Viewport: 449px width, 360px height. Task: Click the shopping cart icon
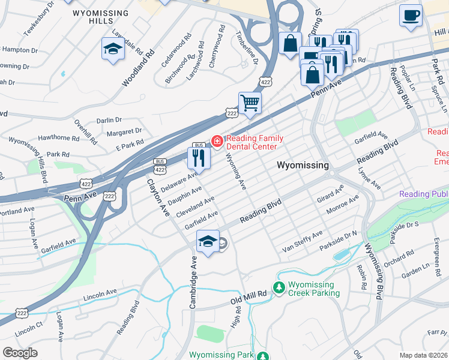[250, 102]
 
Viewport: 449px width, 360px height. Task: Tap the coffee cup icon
[411, 15]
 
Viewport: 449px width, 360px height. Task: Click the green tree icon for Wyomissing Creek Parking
[279, 289]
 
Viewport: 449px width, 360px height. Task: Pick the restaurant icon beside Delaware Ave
[198, 158]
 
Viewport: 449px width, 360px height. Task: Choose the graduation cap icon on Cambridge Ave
[208, 242]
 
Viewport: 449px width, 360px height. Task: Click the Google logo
[20, 353]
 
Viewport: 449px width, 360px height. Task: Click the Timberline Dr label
[247, 48]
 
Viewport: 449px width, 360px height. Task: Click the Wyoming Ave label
[235, 170]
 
